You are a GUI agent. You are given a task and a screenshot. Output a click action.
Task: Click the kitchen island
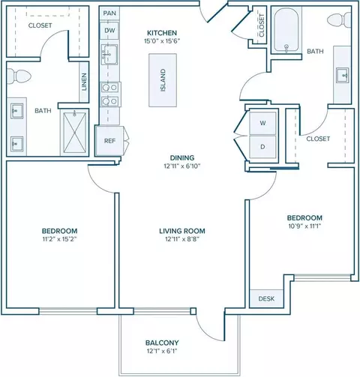pos(163,80)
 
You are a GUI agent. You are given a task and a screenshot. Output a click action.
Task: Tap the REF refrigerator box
pos(109,141)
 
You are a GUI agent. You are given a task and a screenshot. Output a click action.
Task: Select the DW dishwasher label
pos(109,31)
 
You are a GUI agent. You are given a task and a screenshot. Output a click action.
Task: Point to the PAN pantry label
pos(109,13)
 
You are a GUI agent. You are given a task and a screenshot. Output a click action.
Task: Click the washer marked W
pos(262,123)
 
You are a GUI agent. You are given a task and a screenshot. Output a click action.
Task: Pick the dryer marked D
pos(262,147)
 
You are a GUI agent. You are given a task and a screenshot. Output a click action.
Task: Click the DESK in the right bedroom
pos(266,298)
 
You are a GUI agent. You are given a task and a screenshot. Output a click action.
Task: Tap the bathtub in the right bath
pos(286,30)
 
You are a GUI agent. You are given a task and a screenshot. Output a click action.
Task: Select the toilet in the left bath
pos(19,76)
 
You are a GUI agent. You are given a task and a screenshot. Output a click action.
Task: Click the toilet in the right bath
pos(339,19)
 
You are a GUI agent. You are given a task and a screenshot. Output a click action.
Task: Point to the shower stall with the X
pos(74,133)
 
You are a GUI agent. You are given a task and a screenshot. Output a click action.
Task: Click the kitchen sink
pos(109,55)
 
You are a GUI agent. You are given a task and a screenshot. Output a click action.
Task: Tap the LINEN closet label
pos(84,82)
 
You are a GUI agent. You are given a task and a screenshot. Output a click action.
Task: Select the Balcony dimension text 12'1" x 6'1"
pos(162,351)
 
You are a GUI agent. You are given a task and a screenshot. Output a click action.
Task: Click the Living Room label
pos(182,231)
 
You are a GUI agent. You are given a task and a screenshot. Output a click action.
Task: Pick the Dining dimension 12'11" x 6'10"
pos(182,166)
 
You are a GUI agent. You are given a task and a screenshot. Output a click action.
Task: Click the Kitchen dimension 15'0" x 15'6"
pos(162,41)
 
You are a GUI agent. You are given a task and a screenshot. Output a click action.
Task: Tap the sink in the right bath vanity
pos(342,75)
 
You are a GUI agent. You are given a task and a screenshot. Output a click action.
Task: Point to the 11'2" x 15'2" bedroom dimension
pos(59,239)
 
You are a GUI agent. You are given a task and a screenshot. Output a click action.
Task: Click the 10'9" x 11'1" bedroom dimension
pos(304,226)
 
